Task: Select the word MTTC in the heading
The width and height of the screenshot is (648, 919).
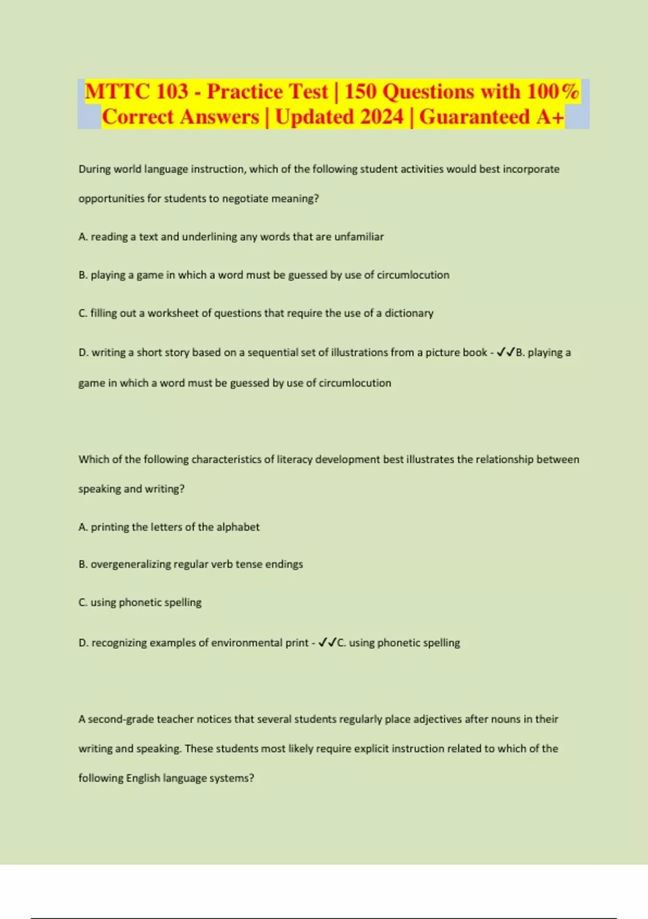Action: click(116, 91)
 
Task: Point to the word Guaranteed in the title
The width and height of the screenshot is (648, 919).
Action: click(475, 117)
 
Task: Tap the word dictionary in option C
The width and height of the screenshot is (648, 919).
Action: click(409, 313)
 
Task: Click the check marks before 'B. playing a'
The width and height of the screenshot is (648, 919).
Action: click(506, 352)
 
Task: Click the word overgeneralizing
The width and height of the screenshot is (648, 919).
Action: click(130, 564)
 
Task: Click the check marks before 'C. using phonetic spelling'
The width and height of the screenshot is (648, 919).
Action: click(327, 643)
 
